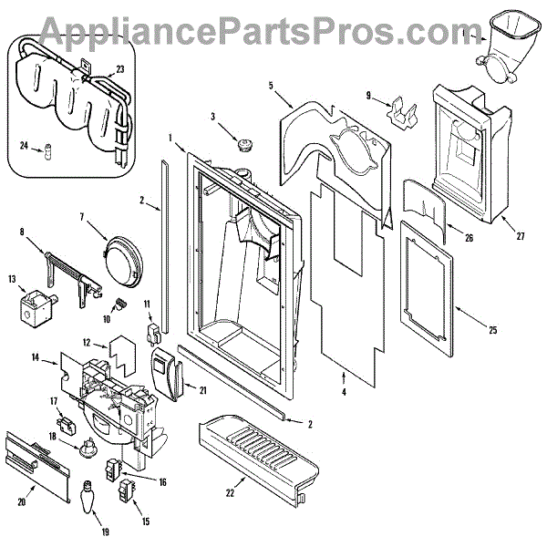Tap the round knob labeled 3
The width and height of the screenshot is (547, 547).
243,144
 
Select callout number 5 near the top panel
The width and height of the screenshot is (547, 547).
272,85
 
